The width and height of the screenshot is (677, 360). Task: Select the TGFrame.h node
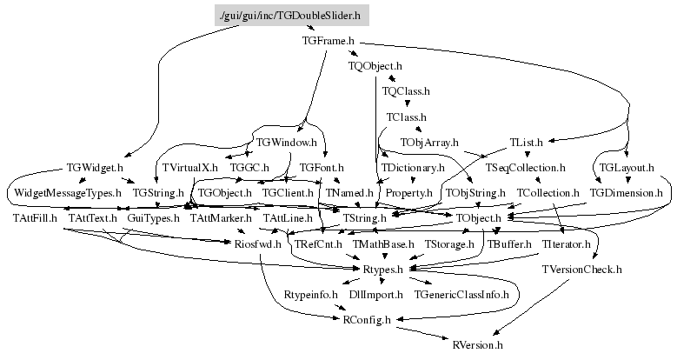point(329,41)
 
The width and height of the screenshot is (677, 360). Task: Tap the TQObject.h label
point(375,65)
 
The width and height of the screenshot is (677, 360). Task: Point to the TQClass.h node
point(406,90)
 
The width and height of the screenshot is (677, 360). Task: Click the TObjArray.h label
point(429,141)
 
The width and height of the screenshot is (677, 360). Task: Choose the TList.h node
point(526,141)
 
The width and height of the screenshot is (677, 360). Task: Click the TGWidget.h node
point(95,166)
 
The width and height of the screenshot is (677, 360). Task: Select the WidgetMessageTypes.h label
point(67,191)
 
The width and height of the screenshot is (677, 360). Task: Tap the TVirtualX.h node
point(189,166)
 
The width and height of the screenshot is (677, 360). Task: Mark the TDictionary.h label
point(413,166)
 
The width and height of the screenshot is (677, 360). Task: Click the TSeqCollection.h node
point(526,166)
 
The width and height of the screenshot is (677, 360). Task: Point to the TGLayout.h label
point(627,166)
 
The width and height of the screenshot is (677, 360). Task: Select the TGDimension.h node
point(627,191)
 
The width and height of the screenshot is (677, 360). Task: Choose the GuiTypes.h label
point(153,217)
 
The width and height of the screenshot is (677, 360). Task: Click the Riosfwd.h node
point(258,245)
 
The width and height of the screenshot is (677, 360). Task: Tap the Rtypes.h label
point(382,270)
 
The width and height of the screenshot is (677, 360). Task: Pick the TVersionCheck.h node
point(582,270)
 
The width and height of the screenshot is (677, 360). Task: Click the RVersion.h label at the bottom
point(477,345)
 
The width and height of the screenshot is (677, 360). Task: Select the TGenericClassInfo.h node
point(461,296)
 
